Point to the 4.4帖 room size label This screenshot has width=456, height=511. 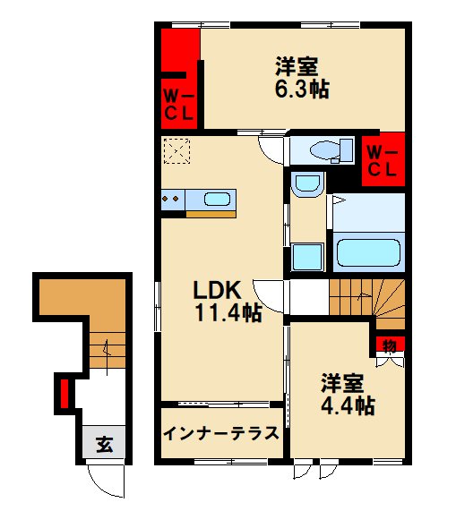pyautogui.click(x=346, y=405)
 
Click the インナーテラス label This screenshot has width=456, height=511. pyautogui.click(x=221, y=434)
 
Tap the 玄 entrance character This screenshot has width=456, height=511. pyautogui.click(x=103, y=443)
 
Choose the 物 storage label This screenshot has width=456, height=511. pyautogui.click(x=390, y=345)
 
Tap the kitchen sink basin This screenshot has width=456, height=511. pyautogui.click(x=217, y=200)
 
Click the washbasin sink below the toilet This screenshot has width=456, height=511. pyautogui.click(x=307, y=187)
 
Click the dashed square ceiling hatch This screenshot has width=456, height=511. pyautogui.click(x=176, y=151)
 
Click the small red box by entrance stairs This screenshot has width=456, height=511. pyautogui.click(x=65, y=391)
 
